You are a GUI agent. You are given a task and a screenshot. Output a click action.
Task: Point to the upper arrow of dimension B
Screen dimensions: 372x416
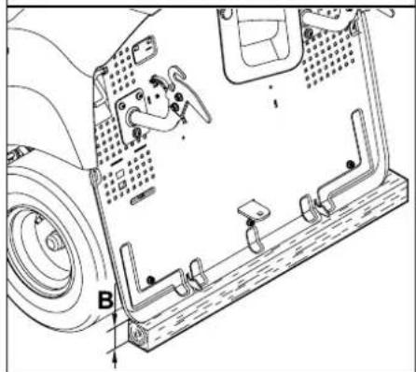115,318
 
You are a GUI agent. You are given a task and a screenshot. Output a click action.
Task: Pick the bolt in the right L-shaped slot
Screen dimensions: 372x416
350,165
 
